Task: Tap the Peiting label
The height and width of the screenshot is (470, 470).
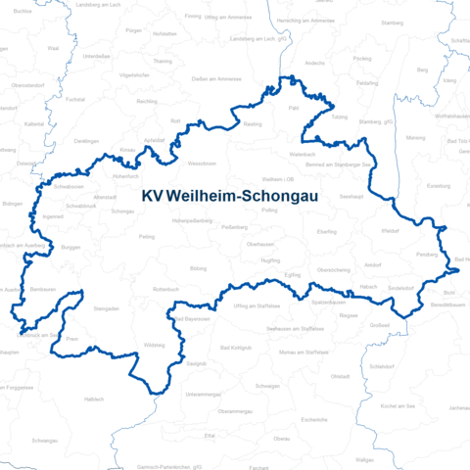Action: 148,236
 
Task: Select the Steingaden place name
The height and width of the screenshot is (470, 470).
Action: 106,308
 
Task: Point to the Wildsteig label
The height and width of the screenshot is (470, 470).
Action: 155,346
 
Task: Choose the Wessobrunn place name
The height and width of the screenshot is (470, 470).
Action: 202,163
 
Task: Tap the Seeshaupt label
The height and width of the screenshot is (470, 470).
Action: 352,196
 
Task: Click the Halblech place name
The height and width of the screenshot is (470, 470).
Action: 93,399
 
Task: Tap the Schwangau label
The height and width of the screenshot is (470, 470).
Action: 44,441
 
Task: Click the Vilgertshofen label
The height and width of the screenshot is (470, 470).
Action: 134,74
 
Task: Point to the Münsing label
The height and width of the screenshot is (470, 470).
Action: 415,138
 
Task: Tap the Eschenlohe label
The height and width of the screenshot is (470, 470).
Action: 314,419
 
